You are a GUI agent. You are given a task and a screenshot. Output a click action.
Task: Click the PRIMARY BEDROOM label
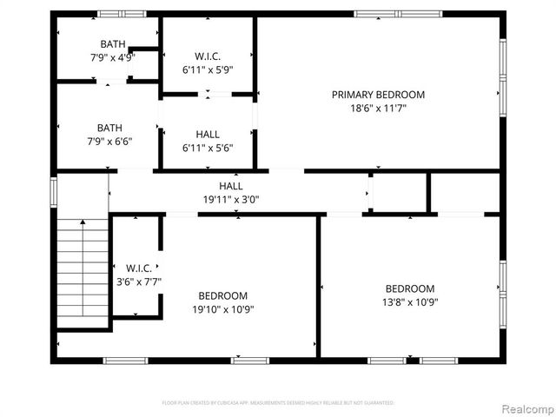coord(378,95)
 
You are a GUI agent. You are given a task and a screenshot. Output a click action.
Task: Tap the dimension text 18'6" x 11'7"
coord(378,109)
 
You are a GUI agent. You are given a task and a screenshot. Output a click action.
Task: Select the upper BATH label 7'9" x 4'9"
coord(111,51)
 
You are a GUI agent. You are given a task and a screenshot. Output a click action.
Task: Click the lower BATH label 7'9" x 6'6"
coord(109,135)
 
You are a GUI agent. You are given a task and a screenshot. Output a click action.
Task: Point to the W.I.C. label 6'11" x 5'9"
coord(208,63)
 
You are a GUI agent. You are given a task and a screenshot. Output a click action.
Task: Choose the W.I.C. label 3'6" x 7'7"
coord(138,275)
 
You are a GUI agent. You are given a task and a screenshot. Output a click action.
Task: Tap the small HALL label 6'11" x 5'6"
coord(208,141)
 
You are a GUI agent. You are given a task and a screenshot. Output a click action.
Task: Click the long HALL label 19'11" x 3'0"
coord(230,192)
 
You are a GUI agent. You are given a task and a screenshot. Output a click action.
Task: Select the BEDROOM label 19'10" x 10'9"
coord(223,302)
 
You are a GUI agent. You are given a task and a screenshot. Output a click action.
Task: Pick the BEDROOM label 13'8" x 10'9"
coord(410,295)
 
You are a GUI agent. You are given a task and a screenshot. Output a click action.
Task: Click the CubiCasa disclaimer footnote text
coord(278,403)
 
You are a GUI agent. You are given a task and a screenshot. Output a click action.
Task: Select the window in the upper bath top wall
coord(121,14)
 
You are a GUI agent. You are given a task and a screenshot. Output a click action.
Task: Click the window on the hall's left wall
coord(54,191)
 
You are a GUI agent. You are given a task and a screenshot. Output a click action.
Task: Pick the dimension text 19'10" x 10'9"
coord(223,309)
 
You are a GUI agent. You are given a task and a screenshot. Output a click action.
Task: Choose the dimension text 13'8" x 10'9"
coord(410,302)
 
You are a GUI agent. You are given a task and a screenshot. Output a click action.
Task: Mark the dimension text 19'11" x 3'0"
coord(230,199)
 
